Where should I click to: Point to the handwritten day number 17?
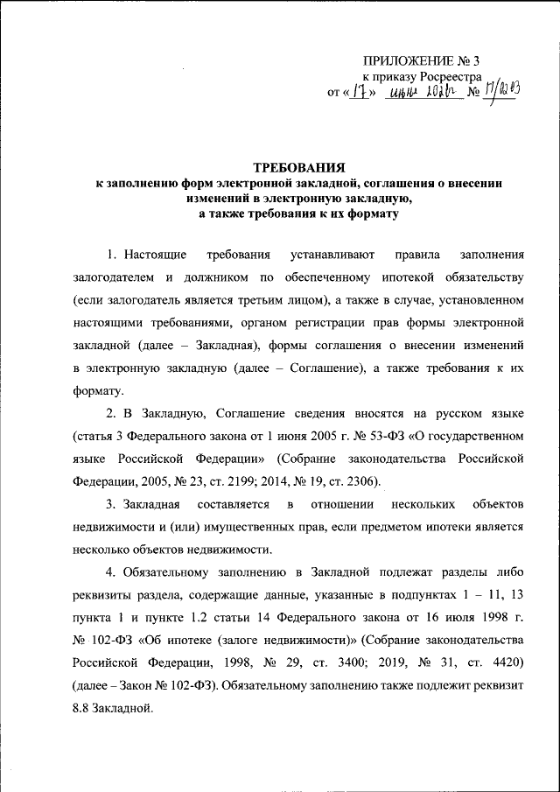click(356, 92)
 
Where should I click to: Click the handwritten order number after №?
click(501, 90)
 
